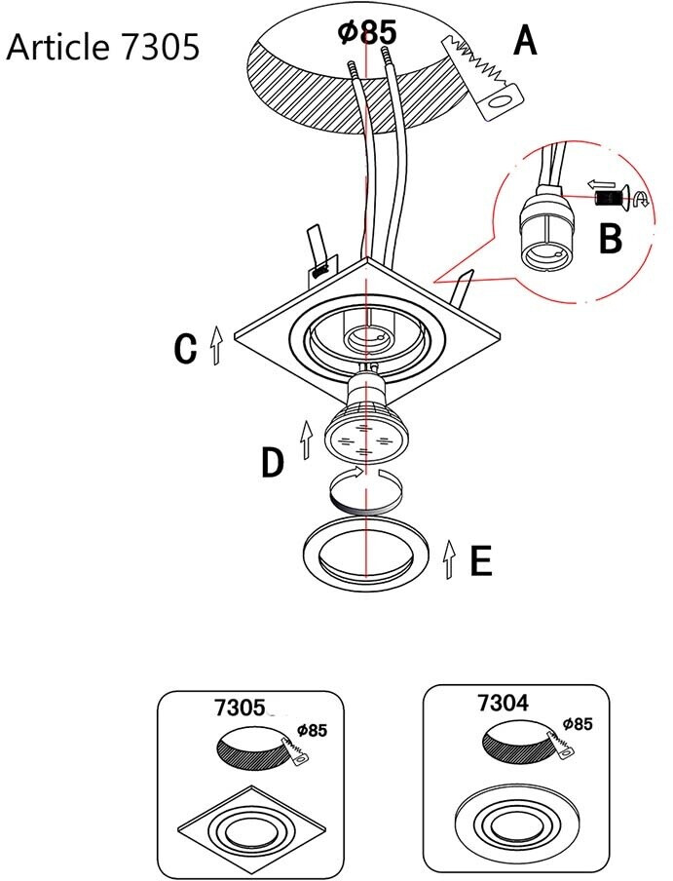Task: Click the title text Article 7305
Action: click(x=102, y=47)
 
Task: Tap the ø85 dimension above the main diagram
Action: click(x=367, y=31)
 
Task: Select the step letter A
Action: click(x=525, y=41)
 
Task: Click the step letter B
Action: click(x=610, y=238)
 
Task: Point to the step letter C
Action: click(x=185, y=348)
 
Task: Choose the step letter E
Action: click(x=481, y=560)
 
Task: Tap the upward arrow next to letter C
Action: click(x=216, y=345)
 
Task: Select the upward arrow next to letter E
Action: click(x=448, y=559)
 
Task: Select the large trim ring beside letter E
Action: click(x=366, y=554)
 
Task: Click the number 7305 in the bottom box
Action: click(x=240, y=708)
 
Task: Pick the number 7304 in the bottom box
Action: click(x=503, y=703)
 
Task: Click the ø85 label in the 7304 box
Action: click(x=578, y=724)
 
